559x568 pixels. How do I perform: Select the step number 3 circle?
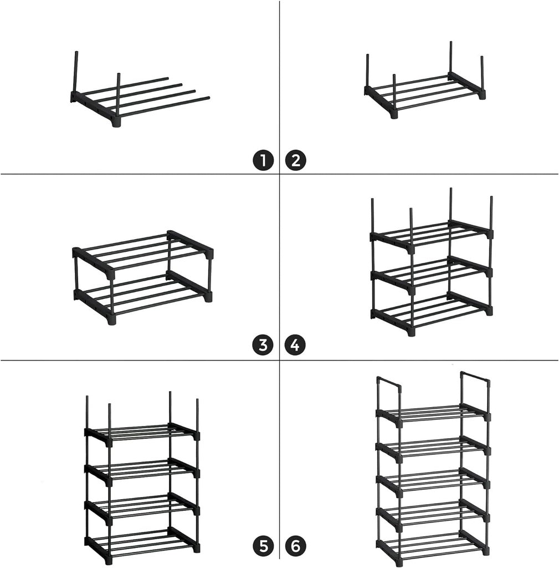264,345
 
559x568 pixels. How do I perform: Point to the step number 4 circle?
295,345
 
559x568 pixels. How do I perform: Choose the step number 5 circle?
264,547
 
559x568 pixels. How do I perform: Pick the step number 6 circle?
295,547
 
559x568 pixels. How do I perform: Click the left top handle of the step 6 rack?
389,382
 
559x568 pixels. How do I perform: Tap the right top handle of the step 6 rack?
475,377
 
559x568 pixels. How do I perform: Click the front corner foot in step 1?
116,123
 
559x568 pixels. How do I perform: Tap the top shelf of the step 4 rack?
431,236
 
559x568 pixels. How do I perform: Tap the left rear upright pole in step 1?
74,72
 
